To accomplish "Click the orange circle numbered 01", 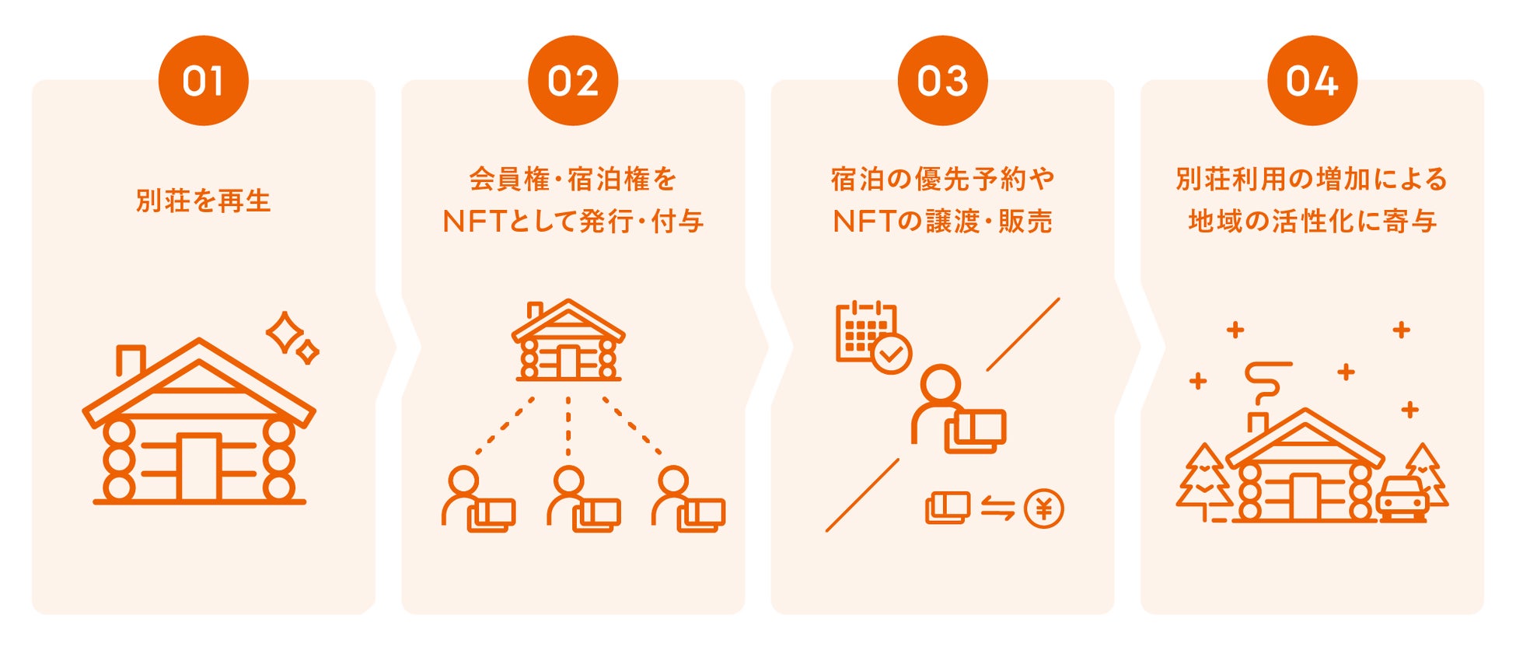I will click(x=203, y=81).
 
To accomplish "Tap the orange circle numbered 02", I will click(x=573, y=81).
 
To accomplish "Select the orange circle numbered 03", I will click(x=942, y=81).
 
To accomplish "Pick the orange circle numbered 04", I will click(x=1312, y=81).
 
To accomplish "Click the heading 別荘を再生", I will click(x=203, y=201).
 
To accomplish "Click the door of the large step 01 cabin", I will click(x=199, y=467).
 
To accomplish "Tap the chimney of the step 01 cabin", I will click(x=130, y=360).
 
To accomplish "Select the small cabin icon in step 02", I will click(x=568, y=341).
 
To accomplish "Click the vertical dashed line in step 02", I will click(x=568, y=426).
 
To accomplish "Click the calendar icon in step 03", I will click(x=865, y=332).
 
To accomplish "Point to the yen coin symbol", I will click(x=1043, y=509).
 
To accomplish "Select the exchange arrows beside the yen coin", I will click(x=997, y=508).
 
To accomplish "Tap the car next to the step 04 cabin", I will click(x=1403, y=498).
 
